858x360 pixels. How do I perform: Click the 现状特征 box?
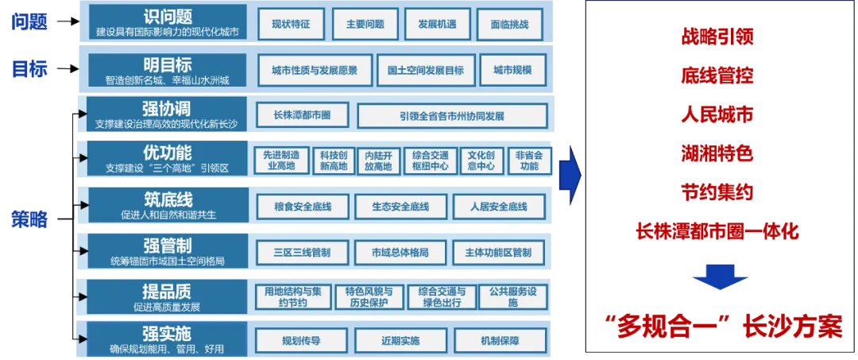tap(291, 25)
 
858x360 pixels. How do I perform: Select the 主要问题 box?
tap(365, 25)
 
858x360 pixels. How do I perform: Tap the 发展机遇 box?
tap(438, 25)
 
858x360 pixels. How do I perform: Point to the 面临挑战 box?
tap(510, 25)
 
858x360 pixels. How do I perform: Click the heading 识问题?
tap(168, 15)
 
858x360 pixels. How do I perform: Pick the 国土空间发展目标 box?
tap(426, 70)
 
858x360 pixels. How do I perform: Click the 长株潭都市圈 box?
tap(302, 115)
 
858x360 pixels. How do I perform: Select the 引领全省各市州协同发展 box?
tap(452, 115)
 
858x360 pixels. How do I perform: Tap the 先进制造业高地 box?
tap(281, 161)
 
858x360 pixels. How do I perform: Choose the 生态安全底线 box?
tap(400, 207)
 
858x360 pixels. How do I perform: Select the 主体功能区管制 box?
tap(498, 252)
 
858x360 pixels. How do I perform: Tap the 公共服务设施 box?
tap(512, 296)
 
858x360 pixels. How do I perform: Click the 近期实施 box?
tap(400, 341)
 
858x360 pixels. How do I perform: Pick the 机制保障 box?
tap(499, 341)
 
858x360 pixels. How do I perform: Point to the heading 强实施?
tap(168, 333)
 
